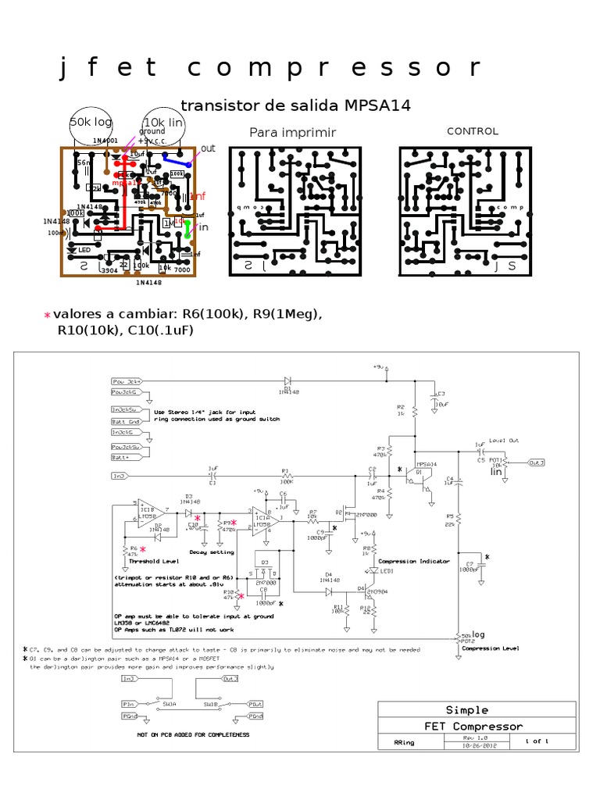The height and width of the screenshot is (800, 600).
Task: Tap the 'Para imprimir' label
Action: point(292,133)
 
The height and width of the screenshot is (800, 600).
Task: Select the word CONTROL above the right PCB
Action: point(472,131)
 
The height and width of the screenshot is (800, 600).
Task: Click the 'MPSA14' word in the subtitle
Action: point(381,105)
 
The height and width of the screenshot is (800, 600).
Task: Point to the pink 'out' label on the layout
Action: point(208,148)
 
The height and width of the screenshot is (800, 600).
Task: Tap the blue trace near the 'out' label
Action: point(176,159)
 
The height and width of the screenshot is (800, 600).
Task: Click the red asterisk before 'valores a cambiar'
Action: point(47,315)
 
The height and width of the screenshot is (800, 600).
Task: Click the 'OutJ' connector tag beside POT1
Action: point(536,462)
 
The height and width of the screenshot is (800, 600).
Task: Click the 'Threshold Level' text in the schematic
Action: point(154,561)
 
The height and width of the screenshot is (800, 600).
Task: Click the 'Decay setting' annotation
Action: point(211,552)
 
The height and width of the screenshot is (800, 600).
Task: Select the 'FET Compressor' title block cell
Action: point(473,727)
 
